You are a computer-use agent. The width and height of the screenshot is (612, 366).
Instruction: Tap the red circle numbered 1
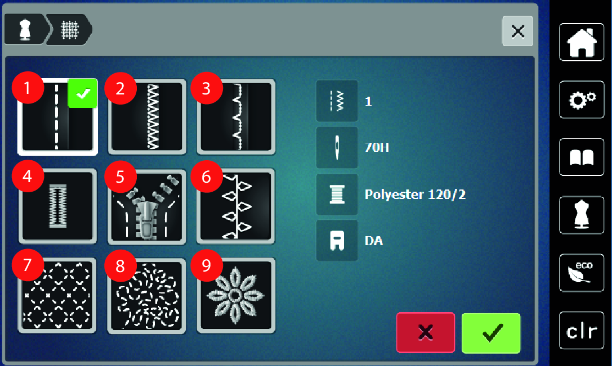[28, 88]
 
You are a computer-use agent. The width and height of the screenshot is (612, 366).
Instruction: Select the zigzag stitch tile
[147, 117]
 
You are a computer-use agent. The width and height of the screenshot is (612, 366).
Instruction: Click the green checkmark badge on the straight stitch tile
[82, 93]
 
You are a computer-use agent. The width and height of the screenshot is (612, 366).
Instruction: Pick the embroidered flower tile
[236, 296]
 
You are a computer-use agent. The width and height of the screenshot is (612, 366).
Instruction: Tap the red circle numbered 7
[28, 265]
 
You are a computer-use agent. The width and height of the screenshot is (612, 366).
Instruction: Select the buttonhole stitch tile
[57, 206]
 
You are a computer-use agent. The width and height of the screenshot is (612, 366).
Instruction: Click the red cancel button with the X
[426, 332]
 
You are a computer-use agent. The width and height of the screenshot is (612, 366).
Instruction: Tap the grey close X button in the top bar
[517, 31]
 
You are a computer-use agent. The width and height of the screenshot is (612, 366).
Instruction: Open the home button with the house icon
[582, 42]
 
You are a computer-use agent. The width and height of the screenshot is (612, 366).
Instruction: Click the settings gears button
[582, 100]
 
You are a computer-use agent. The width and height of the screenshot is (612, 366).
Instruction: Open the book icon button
[582, 157]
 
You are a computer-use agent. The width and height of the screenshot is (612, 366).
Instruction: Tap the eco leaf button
[582, 273]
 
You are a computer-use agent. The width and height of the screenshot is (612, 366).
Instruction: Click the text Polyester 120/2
[415, 194]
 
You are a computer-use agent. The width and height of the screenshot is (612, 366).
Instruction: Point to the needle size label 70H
[377, 147]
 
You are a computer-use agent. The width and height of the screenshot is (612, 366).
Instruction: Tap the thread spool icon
[337, 195]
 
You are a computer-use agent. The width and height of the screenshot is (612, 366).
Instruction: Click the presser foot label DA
[373, 241]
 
